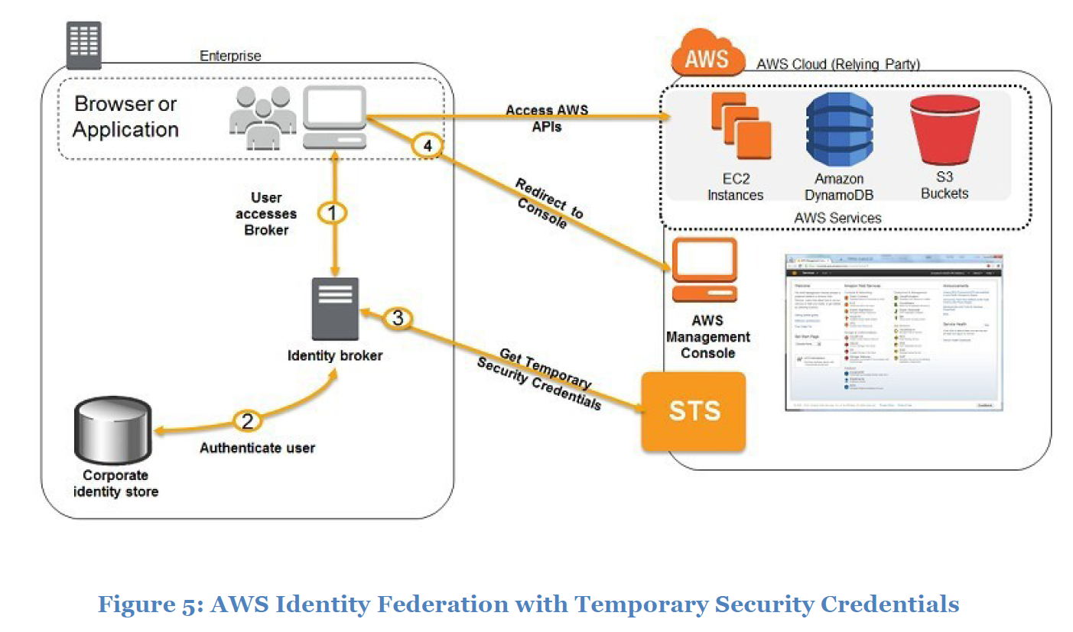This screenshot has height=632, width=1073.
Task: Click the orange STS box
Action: tap(693, 411)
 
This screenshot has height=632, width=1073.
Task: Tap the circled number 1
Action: tap(332, 213)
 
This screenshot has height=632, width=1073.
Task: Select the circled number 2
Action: tap(246, 420)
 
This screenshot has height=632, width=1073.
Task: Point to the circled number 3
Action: tap(397, 318)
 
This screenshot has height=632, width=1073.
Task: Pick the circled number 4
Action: tap(428, 145)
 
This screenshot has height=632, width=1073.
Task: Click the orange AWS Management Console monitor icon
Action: tap(704, 271)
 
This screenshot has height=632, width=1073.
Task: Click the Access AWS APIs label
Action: tap(546, 118)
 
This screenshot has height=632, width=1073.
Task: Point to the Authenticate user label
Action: tap(257, 448)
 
